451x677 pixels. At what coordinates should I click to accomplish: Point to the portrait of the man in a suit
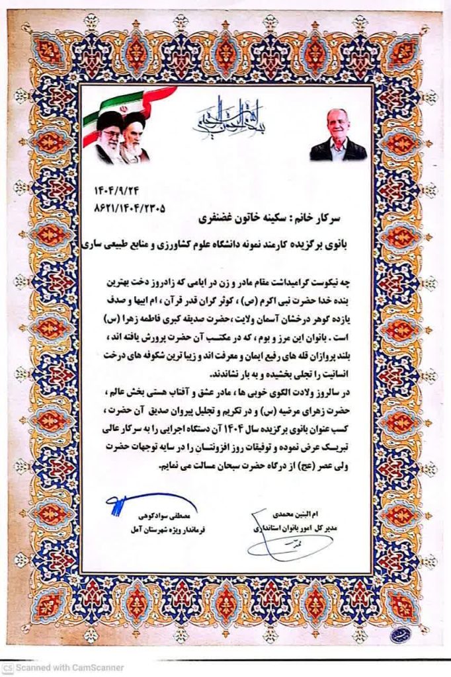[x=338, y=134]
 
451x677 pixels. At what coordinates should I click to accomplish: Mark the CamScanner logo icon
[x=7, y=668]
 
